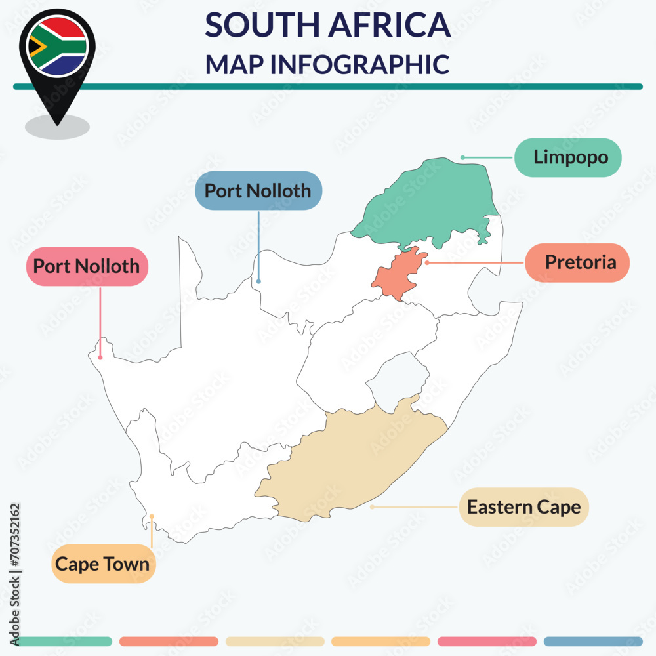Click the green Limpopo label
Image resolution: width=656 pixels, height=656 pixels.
[x=567, y=157]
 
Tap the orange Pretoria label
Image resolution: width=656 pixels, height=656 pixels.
[x=577, y=262]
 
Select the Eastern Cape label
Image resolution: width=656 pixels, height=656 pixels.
[x=523, y=507]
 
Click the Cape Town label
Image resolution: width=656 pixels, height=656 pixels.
[x=103, y=564]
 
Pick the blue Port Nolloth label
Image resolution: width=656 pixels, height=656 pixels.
[x=258, y=191]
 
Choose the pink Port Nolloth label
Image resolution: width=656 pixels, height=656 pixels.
[x=87, y=266]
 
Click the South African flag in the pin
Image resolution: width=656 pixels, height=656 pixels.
[x=58, y=45]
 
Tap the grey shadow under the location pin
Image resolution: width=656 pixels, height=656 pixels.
[x=57, y=127]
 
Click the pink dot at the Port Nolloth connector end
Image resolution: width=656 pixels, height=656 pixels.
[x=100, y=358]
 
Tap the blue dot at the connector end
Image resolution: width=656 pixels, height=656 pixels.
[x=258, y=281]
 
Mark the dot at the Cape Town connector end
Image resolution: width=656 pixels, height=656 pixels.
[x=152, y=516]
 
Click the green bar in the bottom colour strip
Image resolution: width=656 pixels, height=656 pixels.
[x=62, y=641]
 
